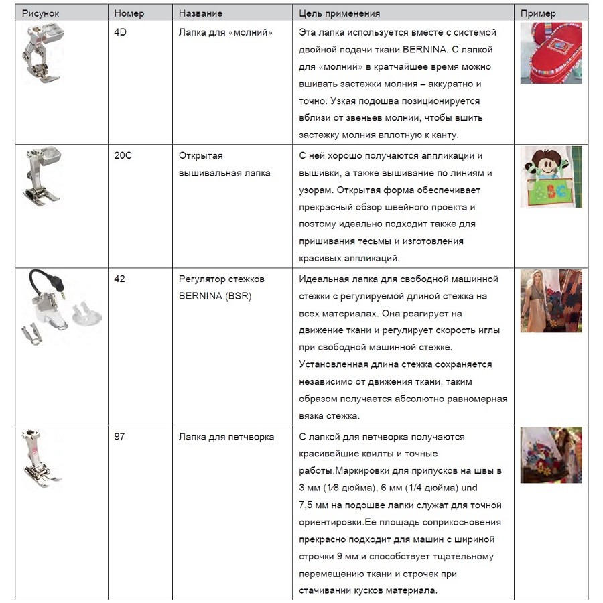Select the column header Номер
pyautogui.click(x=129, y=13)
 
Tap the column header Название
pyautogui.click(x=200, y=13)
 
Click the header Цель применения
pyautogui.click(x=339, y=13)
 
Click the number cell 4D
pyautogui.click(x=121, y=32)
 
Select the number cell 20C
pyautogui.click(x=123, y=155)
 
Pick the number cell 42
pyautogui.click(x=119, y=279)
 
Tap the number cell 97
pyautogui.click(x=119, y=437)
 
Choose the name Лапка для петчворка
pyautogui.click(x=226, y=437)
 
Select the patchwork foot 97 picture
pyautogui.click(x=41, y=456)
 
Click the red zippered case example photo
pyautogui.click(x=551, y=54)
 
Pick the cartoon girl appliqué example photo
pyautogui.click(x=551, y=176)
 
